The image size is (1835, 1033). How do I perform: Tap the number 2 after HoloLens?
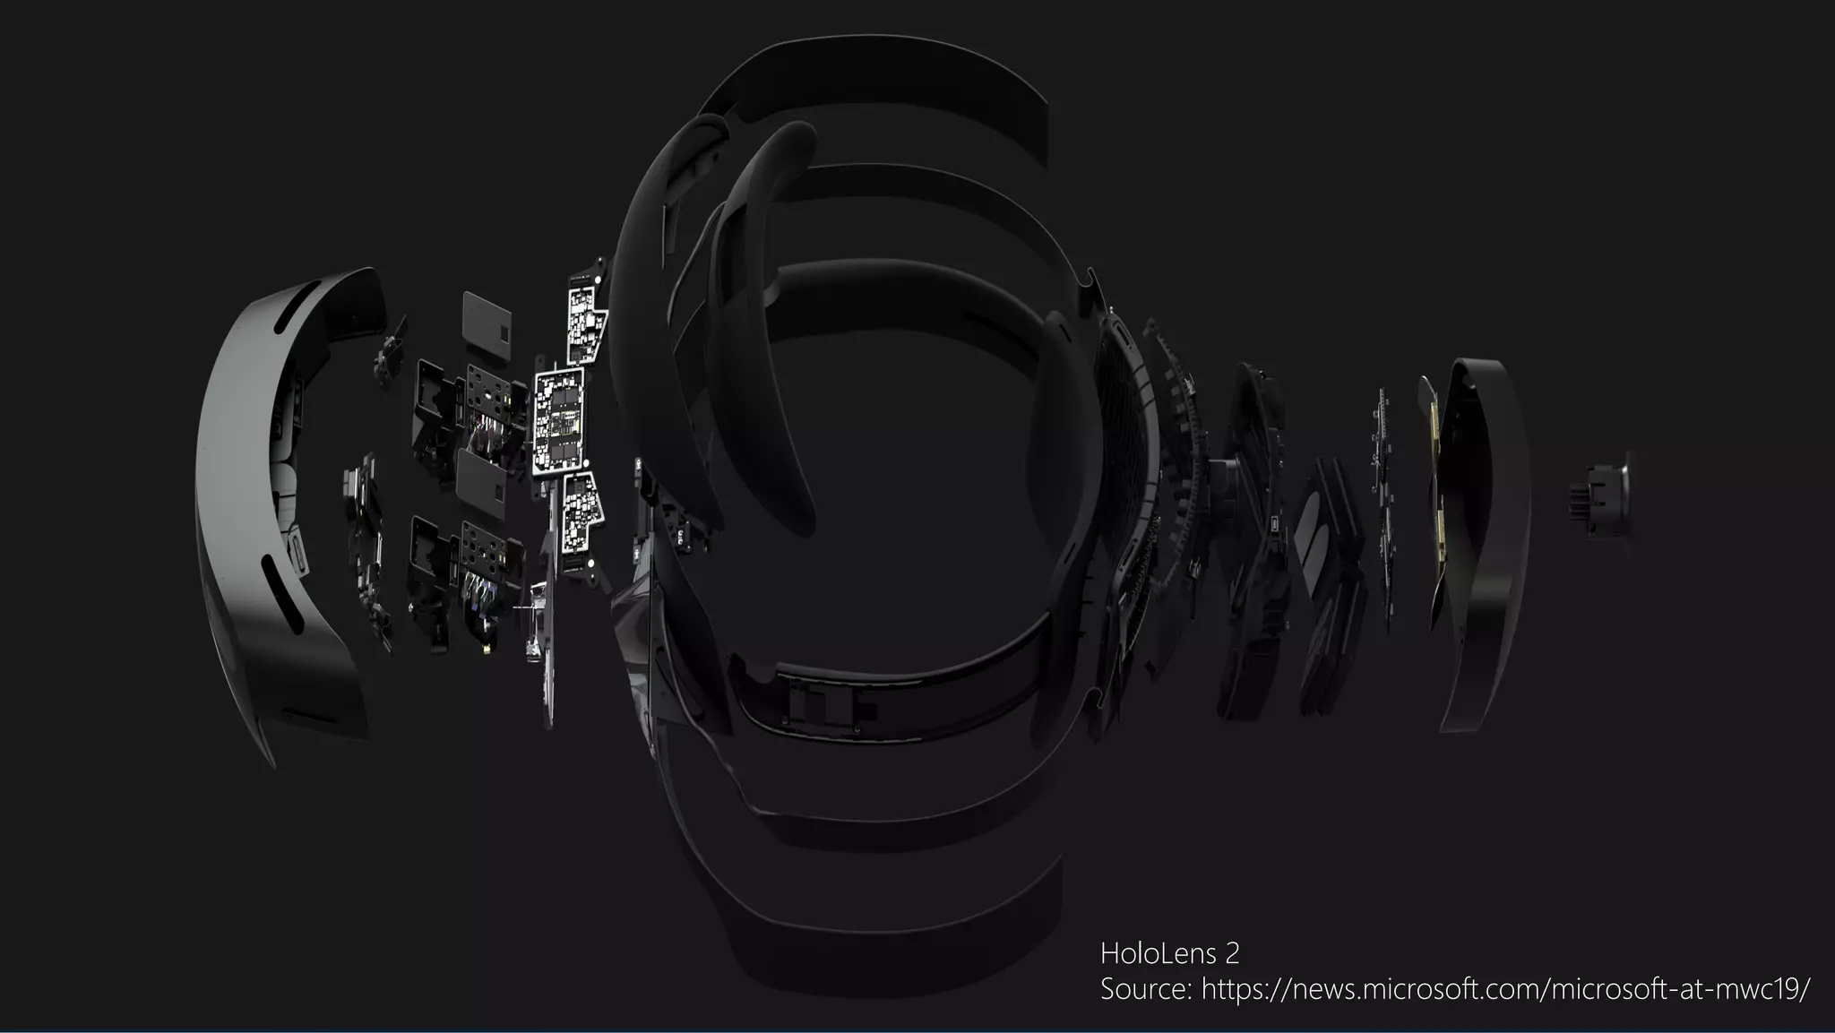tap(1232, 953)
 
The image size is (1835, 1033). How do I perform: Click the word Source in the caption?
tap(1145, 990)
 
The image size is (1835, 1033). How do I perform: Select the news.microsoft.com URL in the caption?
tap(1505, 990)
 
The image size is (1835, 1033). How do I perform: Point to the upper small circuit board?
tap(587, 319)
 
